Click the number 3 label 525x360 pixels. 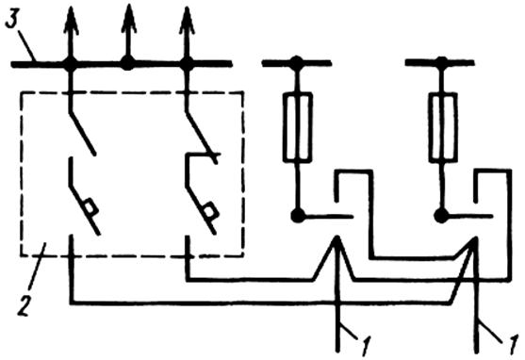click(11, 20)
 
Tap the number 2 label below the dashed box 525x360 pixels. click(25, 305)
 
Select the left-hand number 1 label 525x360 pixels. click(366, 345)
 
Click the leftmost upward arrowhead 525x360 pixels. click(71, 21)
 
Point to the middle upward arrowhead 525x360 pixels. click(129, 20)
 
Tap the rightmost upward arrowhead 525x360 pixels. click(187, 21)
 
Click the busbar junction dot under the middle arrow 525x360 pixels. click(127, 63)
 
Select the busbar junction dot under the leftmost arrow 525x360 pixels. click(71, 64)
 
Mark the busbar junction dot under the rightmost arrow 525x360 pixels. click(187, 64)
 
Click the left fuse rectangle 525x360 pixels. click(297, 127)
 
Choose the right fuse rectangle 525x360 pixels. click(443, 127)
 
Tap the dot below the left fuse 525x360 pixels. click(298, 215)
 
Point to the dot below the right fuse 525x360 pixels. click(441, 215)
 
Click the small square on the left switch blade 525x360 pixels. click(90, 206)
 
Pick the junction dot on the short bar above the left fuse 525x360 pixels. click(296, 62)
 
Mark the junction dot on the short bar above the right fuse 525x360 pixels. click(441, 62)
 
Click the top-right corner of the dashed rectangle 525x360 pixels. click(242, 92)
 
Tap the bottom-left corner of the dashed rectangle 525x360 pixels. click(22, 255)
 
